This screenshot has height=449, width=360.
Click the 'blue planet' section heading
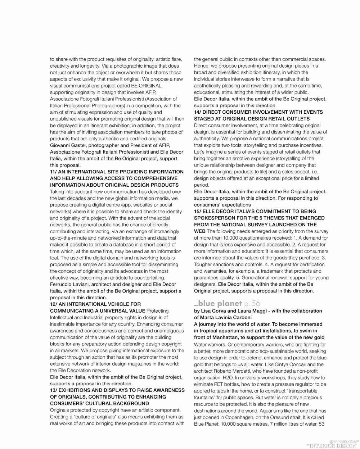(218, 303)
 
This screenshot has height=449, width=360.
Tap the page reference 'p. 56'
(252, 303)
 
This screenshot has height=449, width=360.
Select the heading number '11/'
(55, 172)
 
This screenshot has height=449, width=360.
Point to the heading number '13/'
(55, 390)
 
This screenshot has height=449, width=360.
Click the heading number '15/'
(199, 212)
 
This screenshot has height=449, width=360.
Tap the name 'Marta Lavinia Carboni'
(226, 318)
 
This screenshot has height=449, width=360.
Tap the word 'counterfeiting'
(148, 278)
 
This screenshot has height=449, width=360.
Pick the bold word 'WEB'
(200, 231)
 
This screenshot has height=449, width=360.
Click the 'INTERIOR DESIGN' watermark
(331, 445)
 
